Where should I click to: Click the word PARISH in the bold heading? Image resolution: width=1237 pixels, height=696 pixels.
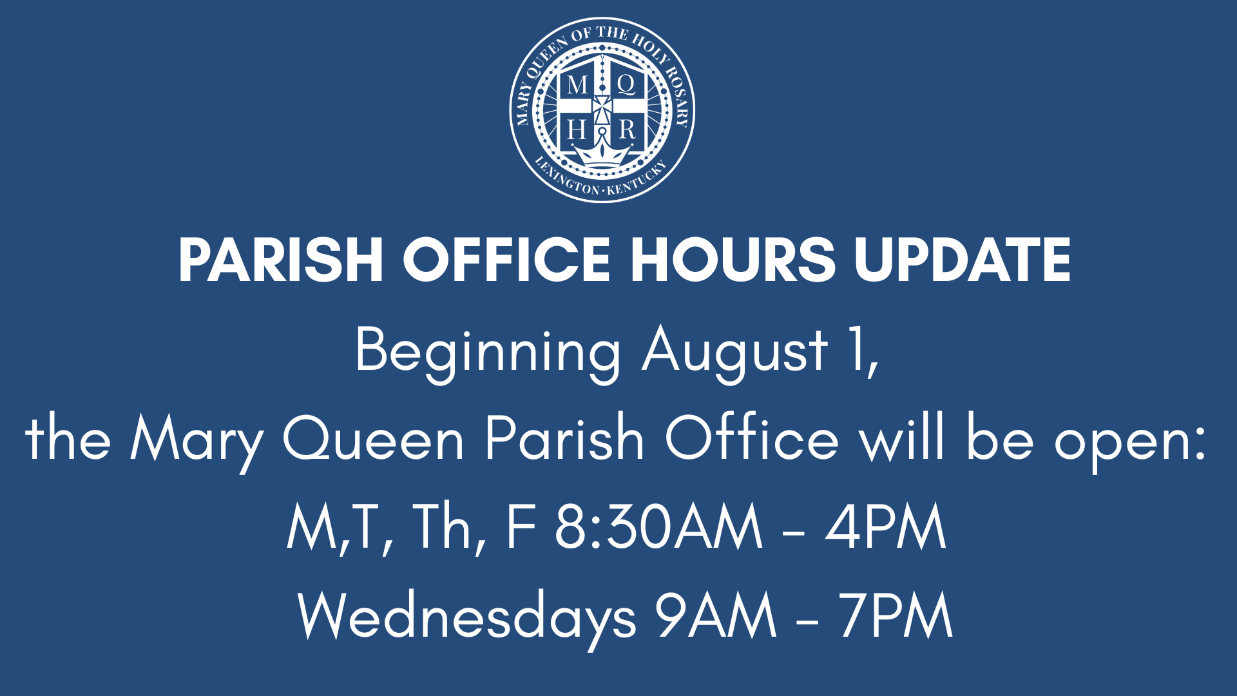click(281, 260)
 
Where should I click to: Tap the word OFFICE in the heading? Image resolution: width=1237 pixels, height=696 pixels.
click(506, 260)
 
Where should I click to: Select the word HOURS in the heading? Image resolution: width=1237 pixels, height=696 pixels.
click(733, 260)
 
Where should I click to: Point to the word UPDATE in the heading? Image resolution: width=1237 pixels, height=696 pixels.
click(963, 260)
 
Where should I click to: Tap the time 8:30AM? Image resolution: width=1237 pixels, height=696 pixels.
click(659, 527)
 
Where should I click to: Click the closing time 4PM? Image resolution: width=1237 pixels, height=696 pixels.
click(886, 527)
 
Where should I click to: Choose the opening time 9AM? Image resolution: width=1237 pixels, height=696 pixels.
click(716, 615)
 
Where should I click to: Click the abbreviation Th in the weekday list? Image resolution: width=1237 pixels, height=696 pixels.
click(442, 527)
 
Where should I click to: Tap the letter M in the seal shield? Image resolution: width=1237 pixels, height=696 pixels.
click(577, 84)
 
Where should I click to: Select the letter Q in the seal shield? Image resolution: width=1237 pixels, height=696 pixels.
click(626, 84)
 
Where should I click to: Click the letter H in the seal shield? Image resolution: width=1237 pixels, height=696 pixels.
click(577, 130)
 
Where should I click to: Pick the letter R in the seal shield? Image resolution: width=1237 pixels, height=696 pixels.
click(627, 130)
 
